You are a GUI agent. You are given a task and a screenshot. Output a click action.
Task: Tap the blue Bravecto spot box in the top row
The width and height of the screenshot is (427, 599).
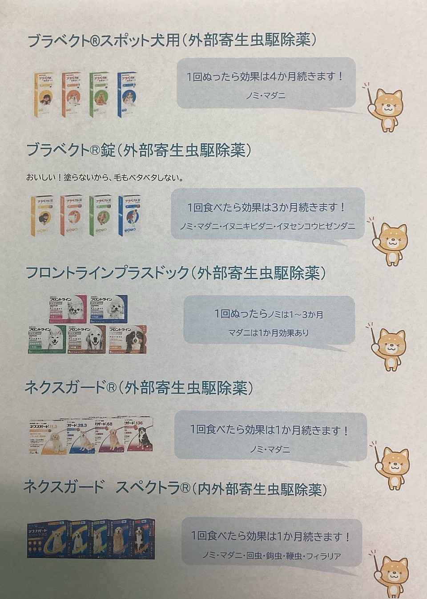click(127, 94)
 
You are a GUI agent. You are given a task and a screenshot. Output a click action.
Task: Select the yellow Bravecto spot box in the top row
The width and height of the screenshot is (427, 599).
click(44, 95)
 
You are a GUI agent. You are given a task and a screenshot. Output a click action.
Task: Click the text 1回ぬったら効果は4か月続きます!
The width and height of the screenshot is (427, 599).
click(265, 77)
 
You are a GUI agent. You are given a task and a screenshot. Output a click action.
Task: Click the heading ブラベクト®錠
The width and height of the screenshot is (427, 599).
click(71, 150)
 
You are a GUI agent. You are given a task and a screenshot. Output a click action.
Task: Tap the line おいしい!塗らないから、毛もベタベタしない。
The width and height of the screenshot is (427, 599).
click(105, 178)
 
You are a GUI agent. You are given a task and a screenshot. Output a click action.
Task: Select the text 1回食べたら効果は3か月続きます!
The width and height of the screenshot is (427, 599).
click(267, 207)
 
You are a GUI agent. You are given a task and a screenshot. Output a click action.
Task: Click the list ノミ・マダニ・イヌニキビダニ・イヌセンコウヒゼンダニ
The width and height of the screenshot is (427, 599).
click(267, 227)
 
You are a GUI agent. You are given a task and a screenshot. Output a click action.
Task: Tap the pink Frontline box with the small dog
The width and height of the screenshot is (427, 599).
click(68, 308)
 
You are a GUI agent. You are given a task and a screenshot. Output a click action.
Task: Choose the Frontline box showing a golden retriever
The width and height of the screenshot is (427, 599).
click(86, 340)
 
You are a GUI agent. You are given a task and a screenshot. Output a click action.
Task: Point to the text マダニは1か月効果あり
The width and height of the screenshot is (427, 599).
click(269, 333)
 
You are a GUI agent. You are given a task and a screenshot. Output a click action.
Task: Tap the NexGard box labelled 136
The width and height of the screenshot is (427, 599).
click(139, 435)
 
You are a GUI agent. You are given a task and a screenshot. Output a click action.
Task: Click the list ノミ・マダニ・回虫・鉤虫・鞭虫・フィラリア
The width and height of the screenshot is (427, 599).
click(271, 556)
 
